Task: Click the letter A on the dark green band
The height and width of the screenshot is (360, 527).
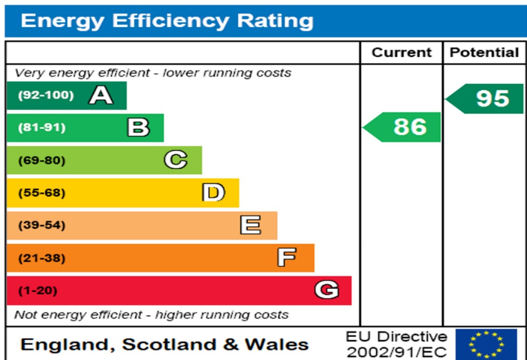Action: pos(101,96)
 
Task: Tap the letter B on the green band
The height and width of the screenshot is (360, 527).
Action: pos(138,128)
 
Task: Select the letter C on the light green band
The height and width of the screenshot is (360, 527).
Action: pos(175,160)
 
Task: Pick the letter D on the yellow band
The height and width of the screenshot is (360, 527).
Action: pos(214,193)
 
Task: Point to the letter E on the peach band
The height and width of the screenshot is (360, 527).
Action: pos(251,225)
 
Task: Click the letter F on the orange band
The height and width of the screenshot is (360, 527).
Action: pos(287,258)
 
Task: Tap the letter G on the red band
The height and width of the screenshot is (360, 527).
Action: pos(327,291)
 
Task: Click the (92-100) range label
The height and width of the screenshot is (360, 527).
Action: pos(46,95)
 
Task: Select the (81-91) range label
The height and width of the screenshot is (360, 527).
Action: pos(42,128)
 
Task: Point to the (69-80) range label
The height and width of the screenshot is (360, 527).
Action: pos(42,160)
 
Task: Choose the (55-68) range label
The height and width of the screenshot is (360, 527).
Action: pos(42,193)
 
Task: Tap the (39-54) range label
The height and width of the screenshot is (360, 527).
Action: pos(42,225)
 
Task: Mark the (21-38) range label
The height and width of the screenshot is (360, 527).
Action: pos(42,258)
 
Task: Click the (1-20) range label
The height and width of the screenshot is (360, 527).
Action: pos(38,291)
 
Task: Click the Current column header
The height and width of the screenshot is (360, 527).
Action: pos(401,52)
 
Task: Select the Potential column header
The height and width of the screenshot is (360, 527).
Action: pos(484,52)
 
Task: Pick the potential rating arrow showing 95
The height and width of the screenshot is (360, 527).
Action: pos(486,98)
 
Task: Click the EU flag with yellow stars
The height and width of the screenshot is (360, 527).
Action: pos(486,344)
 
